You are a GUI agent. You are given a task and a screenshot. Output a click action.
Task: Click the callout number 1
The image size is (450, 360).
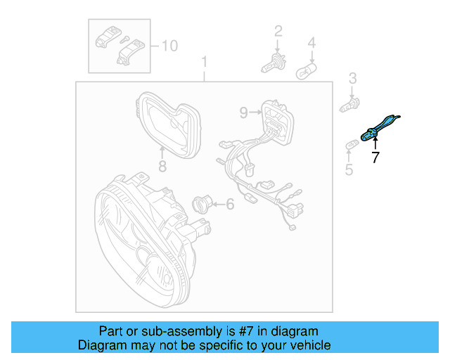click(205, 62)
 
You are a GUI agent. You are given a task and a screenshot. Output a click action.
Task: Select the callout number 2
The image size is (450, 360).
click(278, 30)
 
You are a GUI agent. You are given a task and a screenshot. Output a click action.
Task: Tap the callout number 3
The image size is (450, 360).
click(353, 78)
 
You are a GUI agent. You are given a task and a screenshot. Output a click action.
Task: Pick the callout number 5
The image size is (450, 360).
click(349, 169)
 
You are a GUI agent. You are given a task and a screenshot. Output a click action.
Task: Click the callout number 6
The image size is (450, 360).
click(229, 205)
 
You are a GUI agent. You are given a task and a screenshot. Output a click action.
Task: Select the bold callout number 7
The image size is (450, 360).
click(375, 158)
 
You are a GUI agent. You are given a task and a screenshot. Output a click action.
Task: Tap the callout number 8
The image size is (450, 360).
click(162, 167)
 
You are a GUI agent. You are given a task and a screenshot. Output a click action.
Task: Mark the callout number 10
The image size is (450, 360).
click(169, 46)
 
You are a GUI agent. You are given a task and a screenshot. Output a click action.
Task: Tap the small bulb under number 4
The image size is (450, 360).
click(307, 71)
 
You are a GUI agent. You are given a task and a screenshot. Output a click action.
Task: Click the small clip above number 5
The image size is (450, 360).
click(352, 145)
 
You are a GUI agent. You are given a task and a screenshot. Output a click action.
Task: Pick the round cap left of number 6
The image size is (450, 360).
click(201, 205)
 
